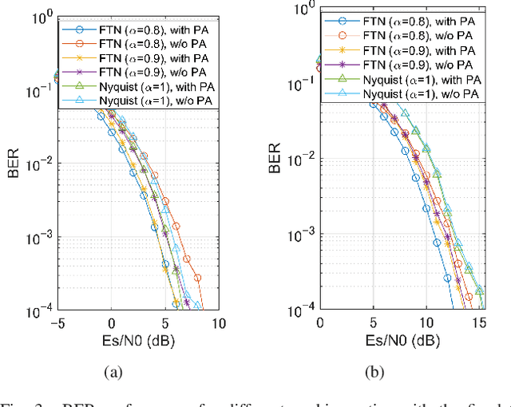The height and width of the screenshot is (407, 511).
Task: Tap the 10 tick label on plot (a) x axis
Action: pyautogui.click(x=218, y=323)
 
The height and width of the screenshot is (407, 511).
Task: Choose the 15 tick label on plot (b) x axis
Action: pyautogui.click(x=480, y=322)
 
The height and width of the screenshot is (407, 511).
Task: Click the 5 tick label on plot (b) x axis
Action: pyautogui.click(x=373, y=322)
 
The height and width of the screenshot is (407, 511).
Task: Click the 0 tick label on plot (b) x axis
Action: pyautogui.click(x=320, y=322)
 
